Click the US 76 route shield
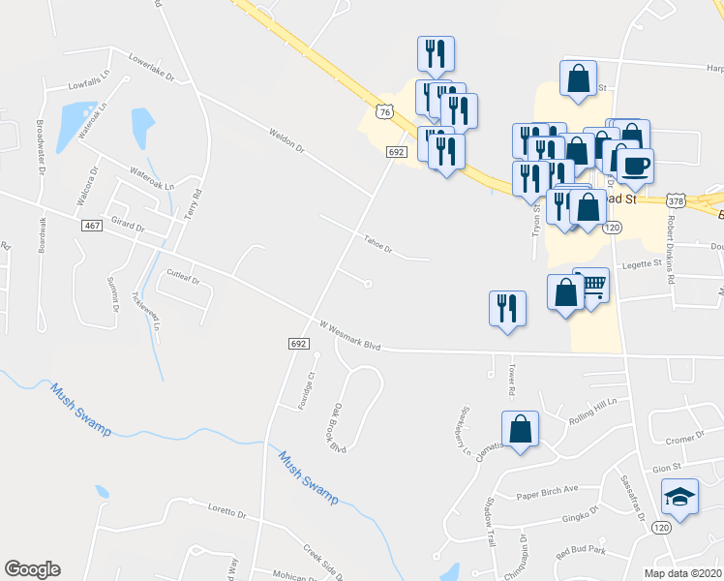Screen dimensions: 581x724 click(386, 113)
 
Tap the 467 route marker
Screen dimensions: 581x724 click(92, 225)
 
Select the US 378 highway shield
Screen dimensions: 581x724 click(676, 200)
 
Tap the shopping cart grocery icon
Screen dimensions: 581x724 click(591, 284)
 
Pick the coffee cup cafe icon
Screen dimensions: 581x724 click(635, 165)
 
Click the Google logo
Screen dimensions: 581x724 click(32, 569)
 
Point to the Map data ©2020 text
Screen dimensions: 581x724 click(682, 572)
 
